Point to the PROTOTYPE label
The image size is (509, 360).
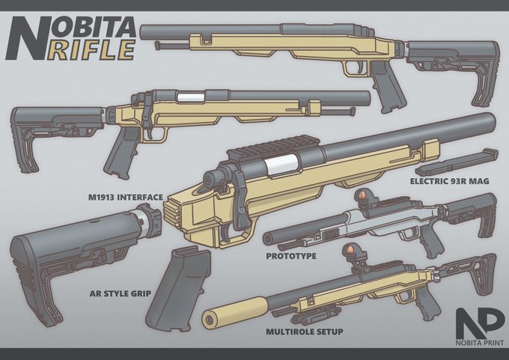click(x=290, y=256)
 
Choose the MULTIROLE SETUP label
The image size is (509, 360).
click(x=302, y=330)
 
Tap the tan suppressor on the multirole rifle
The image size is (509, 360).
click(x=238, y=312)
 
